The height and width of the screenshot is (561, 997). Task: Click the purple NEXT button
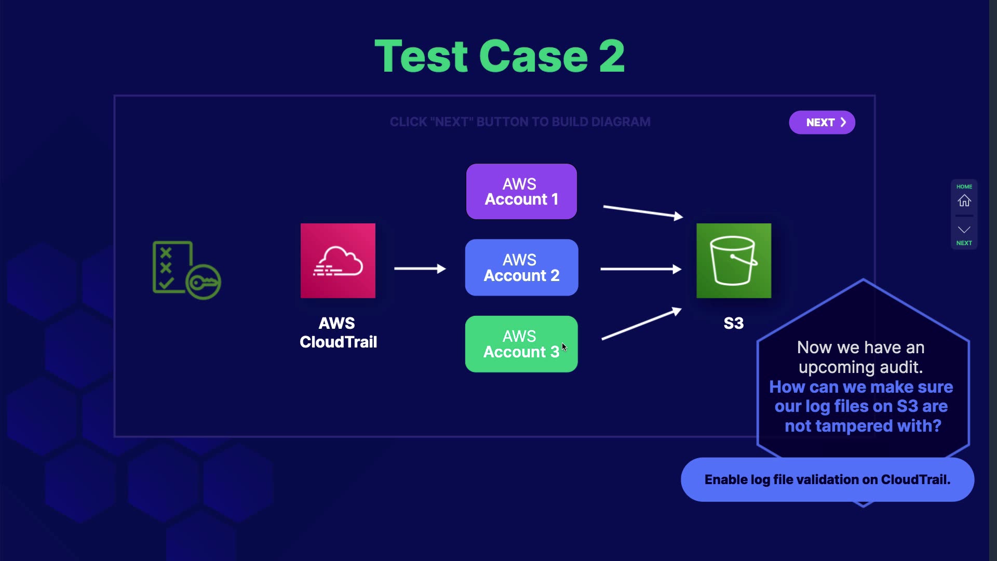822,123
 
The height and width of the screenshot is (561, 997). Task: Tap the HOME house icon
964,201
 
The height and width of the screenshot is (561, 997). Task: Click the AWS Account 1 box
521,192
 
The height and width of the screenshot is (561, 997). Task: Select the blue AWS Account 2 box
521,268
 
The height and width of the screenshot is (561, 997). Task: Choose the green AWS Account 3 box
521,344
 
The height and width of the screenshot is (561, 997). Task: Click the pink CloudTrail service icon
338,261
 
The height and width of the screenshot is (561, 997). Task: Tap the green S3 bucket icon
734,261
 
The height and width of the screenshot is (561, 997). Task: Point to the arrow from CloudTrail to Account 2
420,269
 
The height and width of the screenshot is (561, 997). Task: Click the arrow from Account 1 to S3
643,212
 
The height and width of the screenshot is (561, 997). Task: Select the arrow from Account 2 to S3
641,269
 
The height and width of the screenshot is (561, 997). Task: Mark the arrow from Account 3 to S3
641,324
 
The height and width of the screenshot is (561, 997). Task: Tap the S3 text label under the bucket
734,323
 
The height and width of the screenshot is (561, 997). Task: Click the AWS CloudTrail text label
338,332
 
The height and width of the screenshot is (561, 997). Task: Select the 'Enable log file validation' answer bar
827,479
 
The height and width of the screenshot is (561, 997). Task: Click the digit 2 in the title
612,56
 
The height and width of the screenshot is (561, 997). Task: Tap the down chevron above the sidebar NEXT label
964,230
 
